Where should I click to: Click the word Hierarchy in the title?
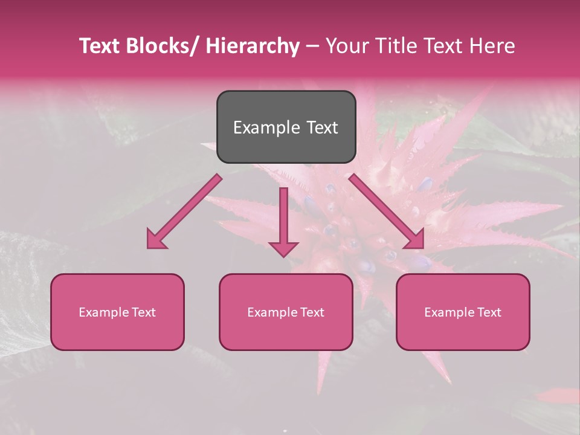[x=253, y=47]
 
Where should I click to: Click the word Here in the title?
[x=492, y=47]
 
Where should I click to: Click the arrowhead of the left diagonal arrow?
[x=155, y=240]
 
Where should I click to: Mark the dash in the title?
[x=312, y=47]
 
